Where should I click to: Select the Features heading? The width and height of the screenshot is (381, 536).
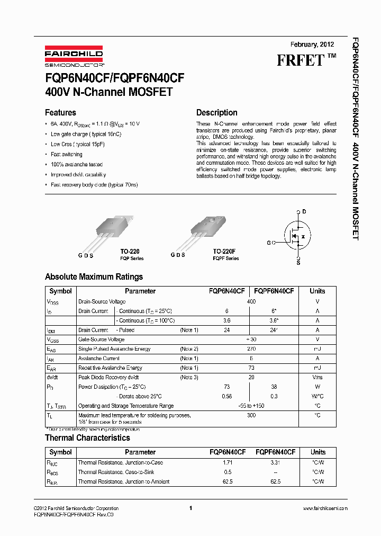(x=60, y=112)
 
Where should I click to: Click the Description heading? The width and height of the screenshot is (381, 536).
(x=216, y=112)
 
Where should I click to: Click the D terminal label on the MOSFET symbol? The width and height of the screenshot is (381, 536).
(x=304, y=211)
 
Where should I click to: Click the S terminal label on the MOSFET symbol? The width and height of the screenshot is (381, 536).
(x=298, y=262)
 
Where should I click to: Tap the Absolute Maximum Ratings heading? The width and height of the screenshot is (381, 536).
(x=94, y=276)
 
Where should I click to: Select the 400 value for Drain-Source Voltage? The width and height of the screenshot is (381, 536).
(x=251, y=301)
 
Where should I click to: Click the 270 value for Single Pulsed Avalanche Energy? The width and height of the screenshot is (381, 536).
(x=251, y=349)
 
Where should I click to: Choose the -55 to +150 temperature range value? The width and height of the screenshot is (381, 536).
(x=251, y=406)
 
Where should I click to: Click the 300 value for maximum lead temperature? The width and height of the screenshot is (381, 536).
(x=251, y=415)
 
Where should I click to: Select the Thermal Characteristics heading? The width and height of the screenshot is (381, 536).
(x=87, y=437)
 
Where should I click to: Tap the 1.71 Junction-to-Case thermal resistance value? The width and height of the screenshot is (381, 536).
(x=227, y=462)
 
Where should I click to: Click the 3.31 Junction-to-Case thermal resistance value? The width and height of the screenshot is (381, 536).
(x=275, y=462)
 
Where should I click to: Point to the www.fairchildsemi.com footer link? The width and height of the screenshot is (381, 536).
(x=324, y=508)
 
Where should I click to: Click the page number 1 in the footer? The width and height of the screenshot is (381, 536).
(x=190, y=508)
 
